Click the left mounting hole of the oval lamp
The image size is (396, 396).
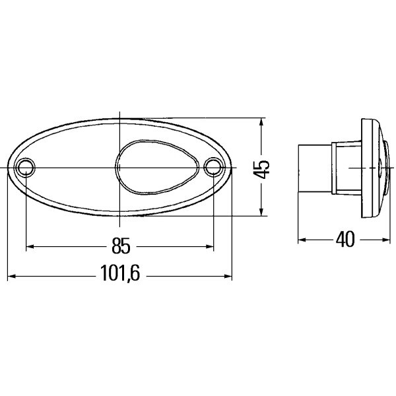click(x=25, y=167)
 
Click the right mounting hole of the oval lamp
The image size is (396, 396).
click(x=213, y=167)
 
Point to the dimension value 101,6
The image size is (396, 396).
click(x=120, y=276)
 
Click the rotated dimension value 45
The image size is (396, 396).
click(x=263, y=168)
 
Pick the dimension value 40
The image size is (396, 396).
click(x=345, y=240)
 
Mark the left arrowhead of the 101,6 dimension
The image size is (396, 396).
click(x=11, y=277)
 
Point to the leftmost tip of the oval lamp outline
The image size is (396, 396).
click(x=7, y=168)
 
